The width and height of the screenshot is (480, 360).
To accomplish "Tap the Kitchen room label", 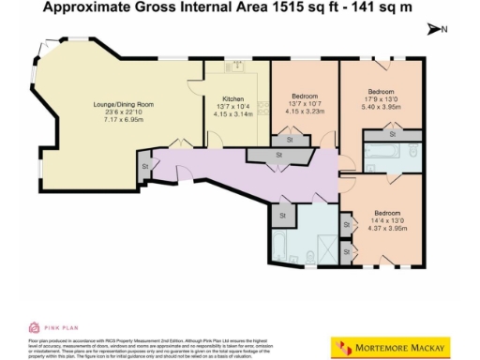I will pos(232,97).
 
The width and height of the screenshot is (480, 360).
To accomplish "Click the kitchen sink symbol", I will pos(236,66).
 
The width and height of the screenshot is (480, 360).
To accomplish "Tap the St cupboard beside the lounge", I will pos(145,166).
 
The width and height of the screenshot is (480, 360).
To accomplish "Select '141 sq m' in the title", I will pos(385,8).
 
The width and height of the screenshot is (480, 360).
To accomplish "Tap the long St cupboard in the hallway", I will pos(279,154).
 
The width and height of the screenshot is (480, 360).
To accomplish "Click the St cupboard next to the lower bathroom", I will pos(281,216).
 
